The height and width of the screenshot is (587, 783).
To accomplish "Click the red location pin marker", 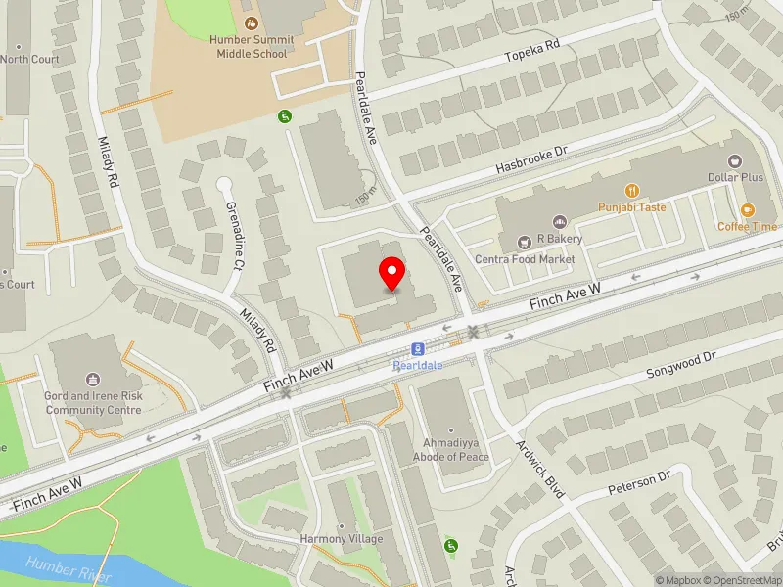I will pos(392,274).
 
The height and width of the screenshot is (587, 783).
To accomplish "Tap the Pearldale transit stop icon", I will pos(418,349).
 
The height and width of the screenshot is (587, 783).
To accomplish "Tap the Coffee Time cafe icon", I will pos(747,208).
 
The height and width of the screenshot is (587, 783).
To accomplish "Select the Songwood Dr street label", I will pos(682,367).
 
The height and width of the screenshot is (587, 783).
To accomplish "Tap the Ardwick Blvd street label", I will pos(540,467).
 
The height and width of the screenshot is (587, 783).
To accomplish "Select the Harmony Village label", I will pos(342,539).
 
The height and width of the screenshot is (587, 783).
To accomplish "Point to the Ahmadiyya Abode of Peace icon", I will pos(451,430).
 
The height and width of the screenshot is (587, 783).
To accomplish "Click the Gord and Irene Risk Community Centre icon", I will pos(94,379).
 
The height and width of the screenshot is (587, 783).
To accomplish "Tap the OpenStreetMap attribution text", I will pos(741,580).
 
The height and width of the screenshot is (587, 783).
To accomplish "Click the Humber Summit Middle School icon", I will pos(252,22).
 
